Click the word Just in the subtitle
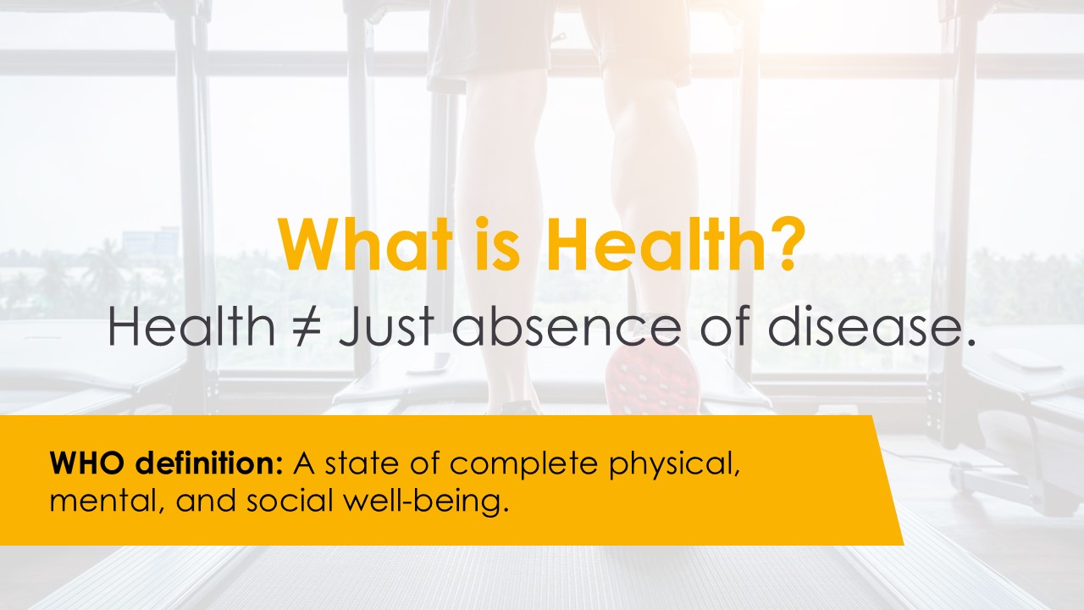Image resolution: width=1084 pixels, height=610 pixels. click(386, 326)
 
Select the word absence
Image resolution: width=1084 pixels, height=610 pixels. click(567, 326)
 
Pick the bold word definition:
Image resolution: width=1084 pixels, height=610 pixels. click(208, 463)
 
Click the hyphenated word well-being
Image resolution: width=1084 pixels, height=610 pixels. click(426, 502)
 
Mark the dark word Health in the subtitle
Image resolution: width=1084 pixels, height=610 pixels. click(191, 326)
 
